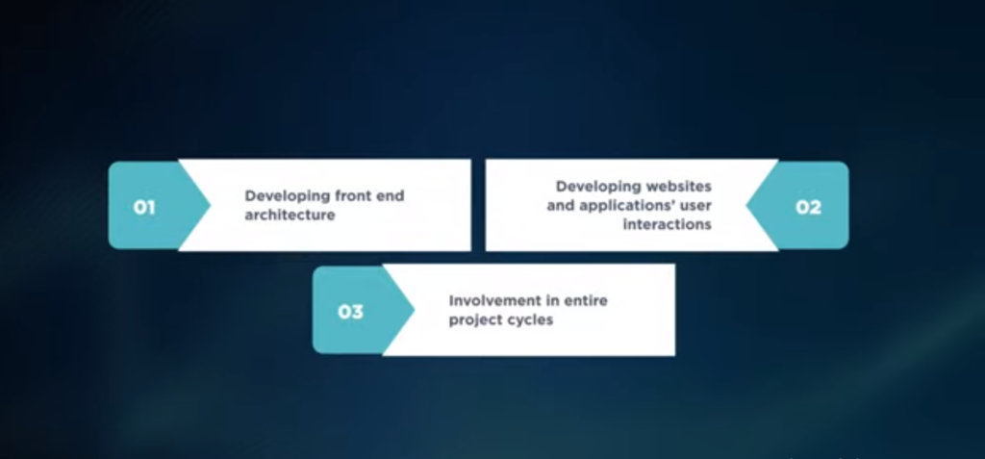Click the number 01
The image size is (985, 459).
tap(144, 207)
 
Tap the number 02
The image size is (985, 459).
tap(808, 207)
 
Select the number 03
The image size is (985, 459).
tap(350, 311)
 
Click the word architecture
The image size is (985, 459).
tap(290, 215)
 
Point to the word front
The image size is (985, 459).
tap(352, 195)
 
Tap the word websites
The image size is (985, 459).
tap(681, 186)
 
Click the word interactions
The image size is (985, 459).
tap(668, 224)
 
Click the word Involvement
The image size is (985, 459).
tap(495, 300)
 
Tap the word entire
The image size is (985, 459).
tap(586, 300)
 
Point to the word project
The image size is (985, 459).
tap(472, 320)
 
